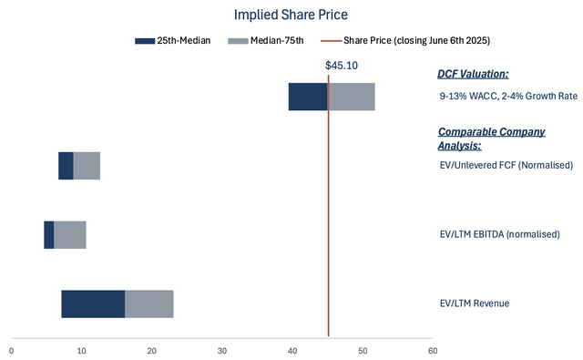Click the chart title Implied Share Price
[291, 15]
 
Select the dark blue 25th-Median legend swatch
[146, 41]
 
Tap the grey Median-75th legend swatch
[237, 41]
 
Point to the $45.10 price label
[342, 66]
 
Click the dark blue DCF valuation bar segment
[308, 97]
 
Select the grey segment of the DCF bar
[352, 97]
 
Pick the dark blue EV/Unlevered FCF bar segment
[66, 166]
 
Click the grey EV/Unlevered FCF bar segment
[87, 166]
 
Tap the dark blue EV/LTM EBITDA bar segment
[49, 234]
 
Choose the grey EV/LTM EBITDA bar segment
[70, 234]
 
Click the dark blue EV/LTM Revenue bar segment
[93, 303]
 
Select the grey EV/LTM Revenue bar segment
[148, 303]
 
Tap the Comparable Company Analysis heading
[492, 138]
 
